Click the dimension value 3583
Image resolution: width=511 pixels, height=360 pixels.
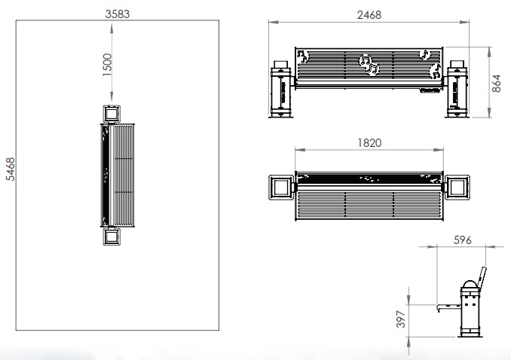coord(118,14)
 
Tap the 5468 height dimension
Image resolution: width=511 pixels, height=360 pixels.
coord(11,169)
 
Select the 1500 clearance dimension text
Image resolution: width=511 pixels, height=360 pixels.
coord(107,65)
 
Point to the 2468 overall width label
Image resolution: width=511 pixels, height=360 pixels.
coord(369,15)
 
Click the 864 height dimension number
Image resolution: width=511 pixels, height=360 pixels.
coord(496,84)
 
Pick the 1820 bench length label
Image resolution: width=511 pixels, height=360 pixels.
coord(369,142)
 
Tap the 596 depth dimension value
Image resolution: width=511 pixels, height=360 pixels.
coord(462,240)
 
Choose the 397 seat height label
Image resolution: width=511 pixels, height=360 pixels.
coord(400,319)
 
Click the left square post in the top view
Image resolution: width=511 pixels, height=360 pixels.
coord(281,187)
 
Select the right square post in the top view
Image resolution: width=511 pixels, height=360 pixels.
coord(457,187)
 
